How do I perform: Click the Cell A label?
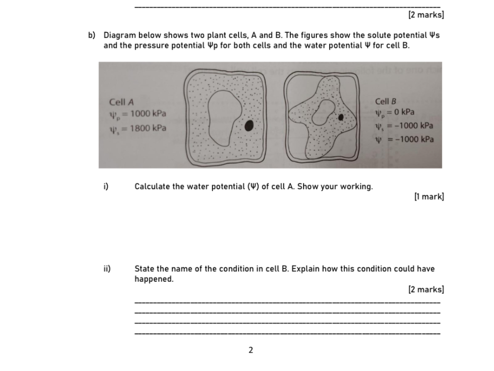pos(121,102)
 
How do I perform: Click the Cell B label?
pos(385,102)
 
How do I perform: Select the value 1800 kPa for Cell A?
pos(148,128)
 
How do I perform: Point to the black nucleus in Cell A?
pos(249,125)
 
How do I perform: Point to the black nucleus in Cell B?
pos(341,117)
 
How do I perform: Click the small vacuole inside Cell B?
pos(326,112)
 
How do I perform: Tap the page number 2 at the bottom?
pos(251,350)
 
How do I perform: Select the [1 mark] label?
pos(429,196)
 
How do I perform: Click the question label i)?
pos(107,186)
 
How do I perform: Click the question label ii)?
pos(107,269)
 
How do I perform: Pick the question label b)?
pos(92,36)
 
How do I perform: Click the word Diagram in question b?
pos(119,36)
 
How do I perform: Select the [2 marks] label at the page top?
pos(426,15)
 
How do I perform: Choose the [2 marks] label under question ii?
pos(426,289)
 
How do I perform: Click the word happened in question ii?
pos(154,279)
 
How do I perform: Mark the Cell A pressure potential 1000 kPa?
pos(148,114)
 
